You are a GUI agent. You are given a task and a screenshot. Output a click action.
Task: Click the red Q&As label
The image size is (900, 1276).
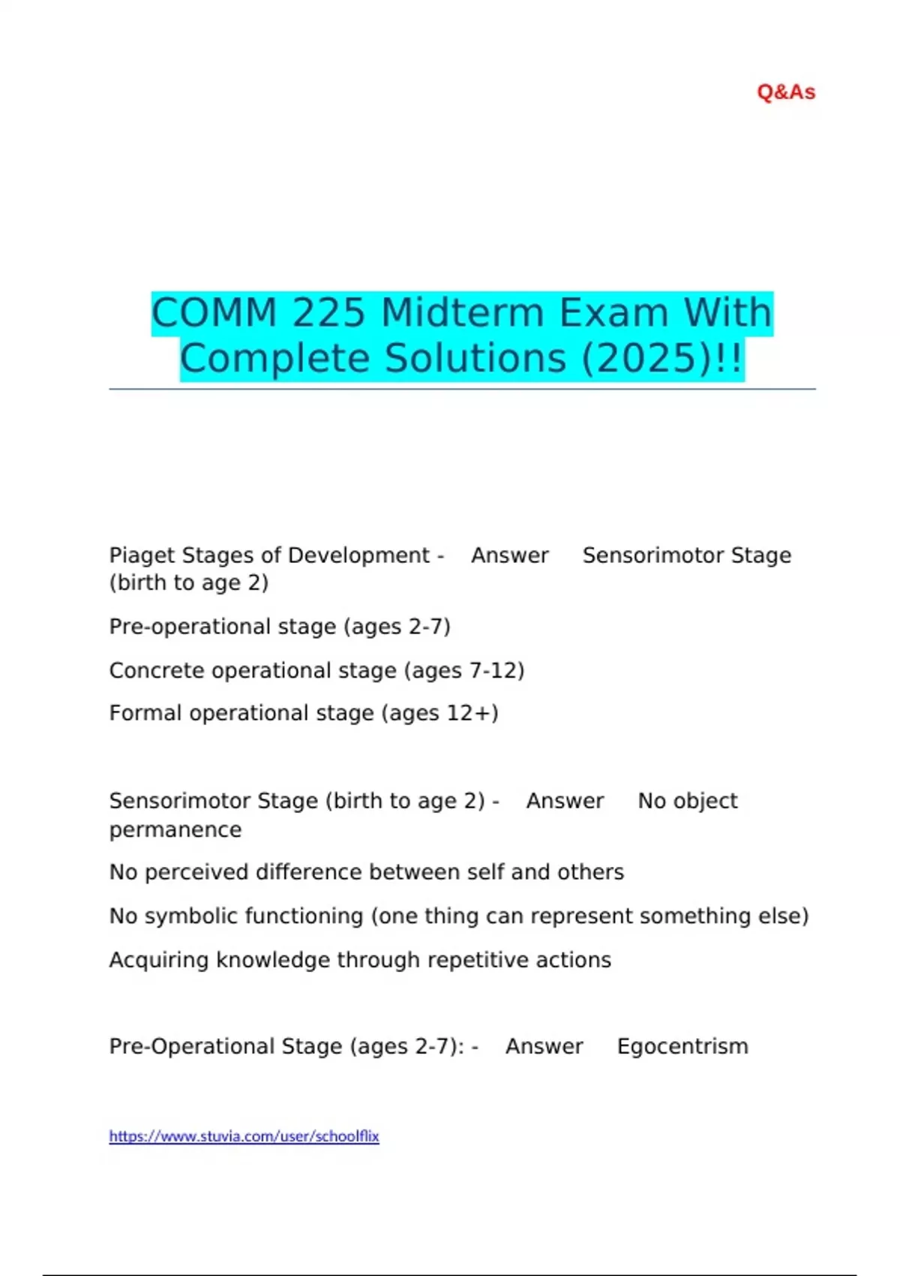(x=786, y=92)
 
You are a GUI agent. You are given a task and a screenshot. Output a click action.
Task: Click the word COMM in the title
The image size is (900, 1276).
(x=214, y=312)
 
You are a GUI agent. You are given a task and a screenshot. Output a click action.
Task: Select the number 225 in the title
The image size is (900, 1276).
(x=329, y=312)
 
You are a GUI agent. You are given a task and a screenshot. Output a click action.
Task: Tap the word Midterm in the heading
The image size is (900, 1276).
(x=463, y=312)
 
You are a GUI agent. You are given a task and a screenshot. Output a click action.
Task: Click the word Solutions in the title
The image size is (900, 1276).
(x=476, y=358)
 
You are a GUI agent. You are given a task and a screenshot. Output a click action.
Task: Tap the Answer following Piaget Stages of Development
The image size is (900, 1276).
(x=510, y=555)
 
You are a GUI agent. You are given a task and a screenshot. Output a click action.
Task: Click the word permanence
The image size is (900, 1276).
(x=175, y=830)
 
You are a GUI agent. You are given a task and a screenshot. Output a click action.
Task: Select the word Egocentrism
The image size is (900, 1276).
(x=682, y=1046)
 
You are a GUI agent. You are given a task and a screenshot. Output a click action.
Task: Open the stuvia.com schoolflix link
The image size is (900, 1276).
(x=244, y=1136)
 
